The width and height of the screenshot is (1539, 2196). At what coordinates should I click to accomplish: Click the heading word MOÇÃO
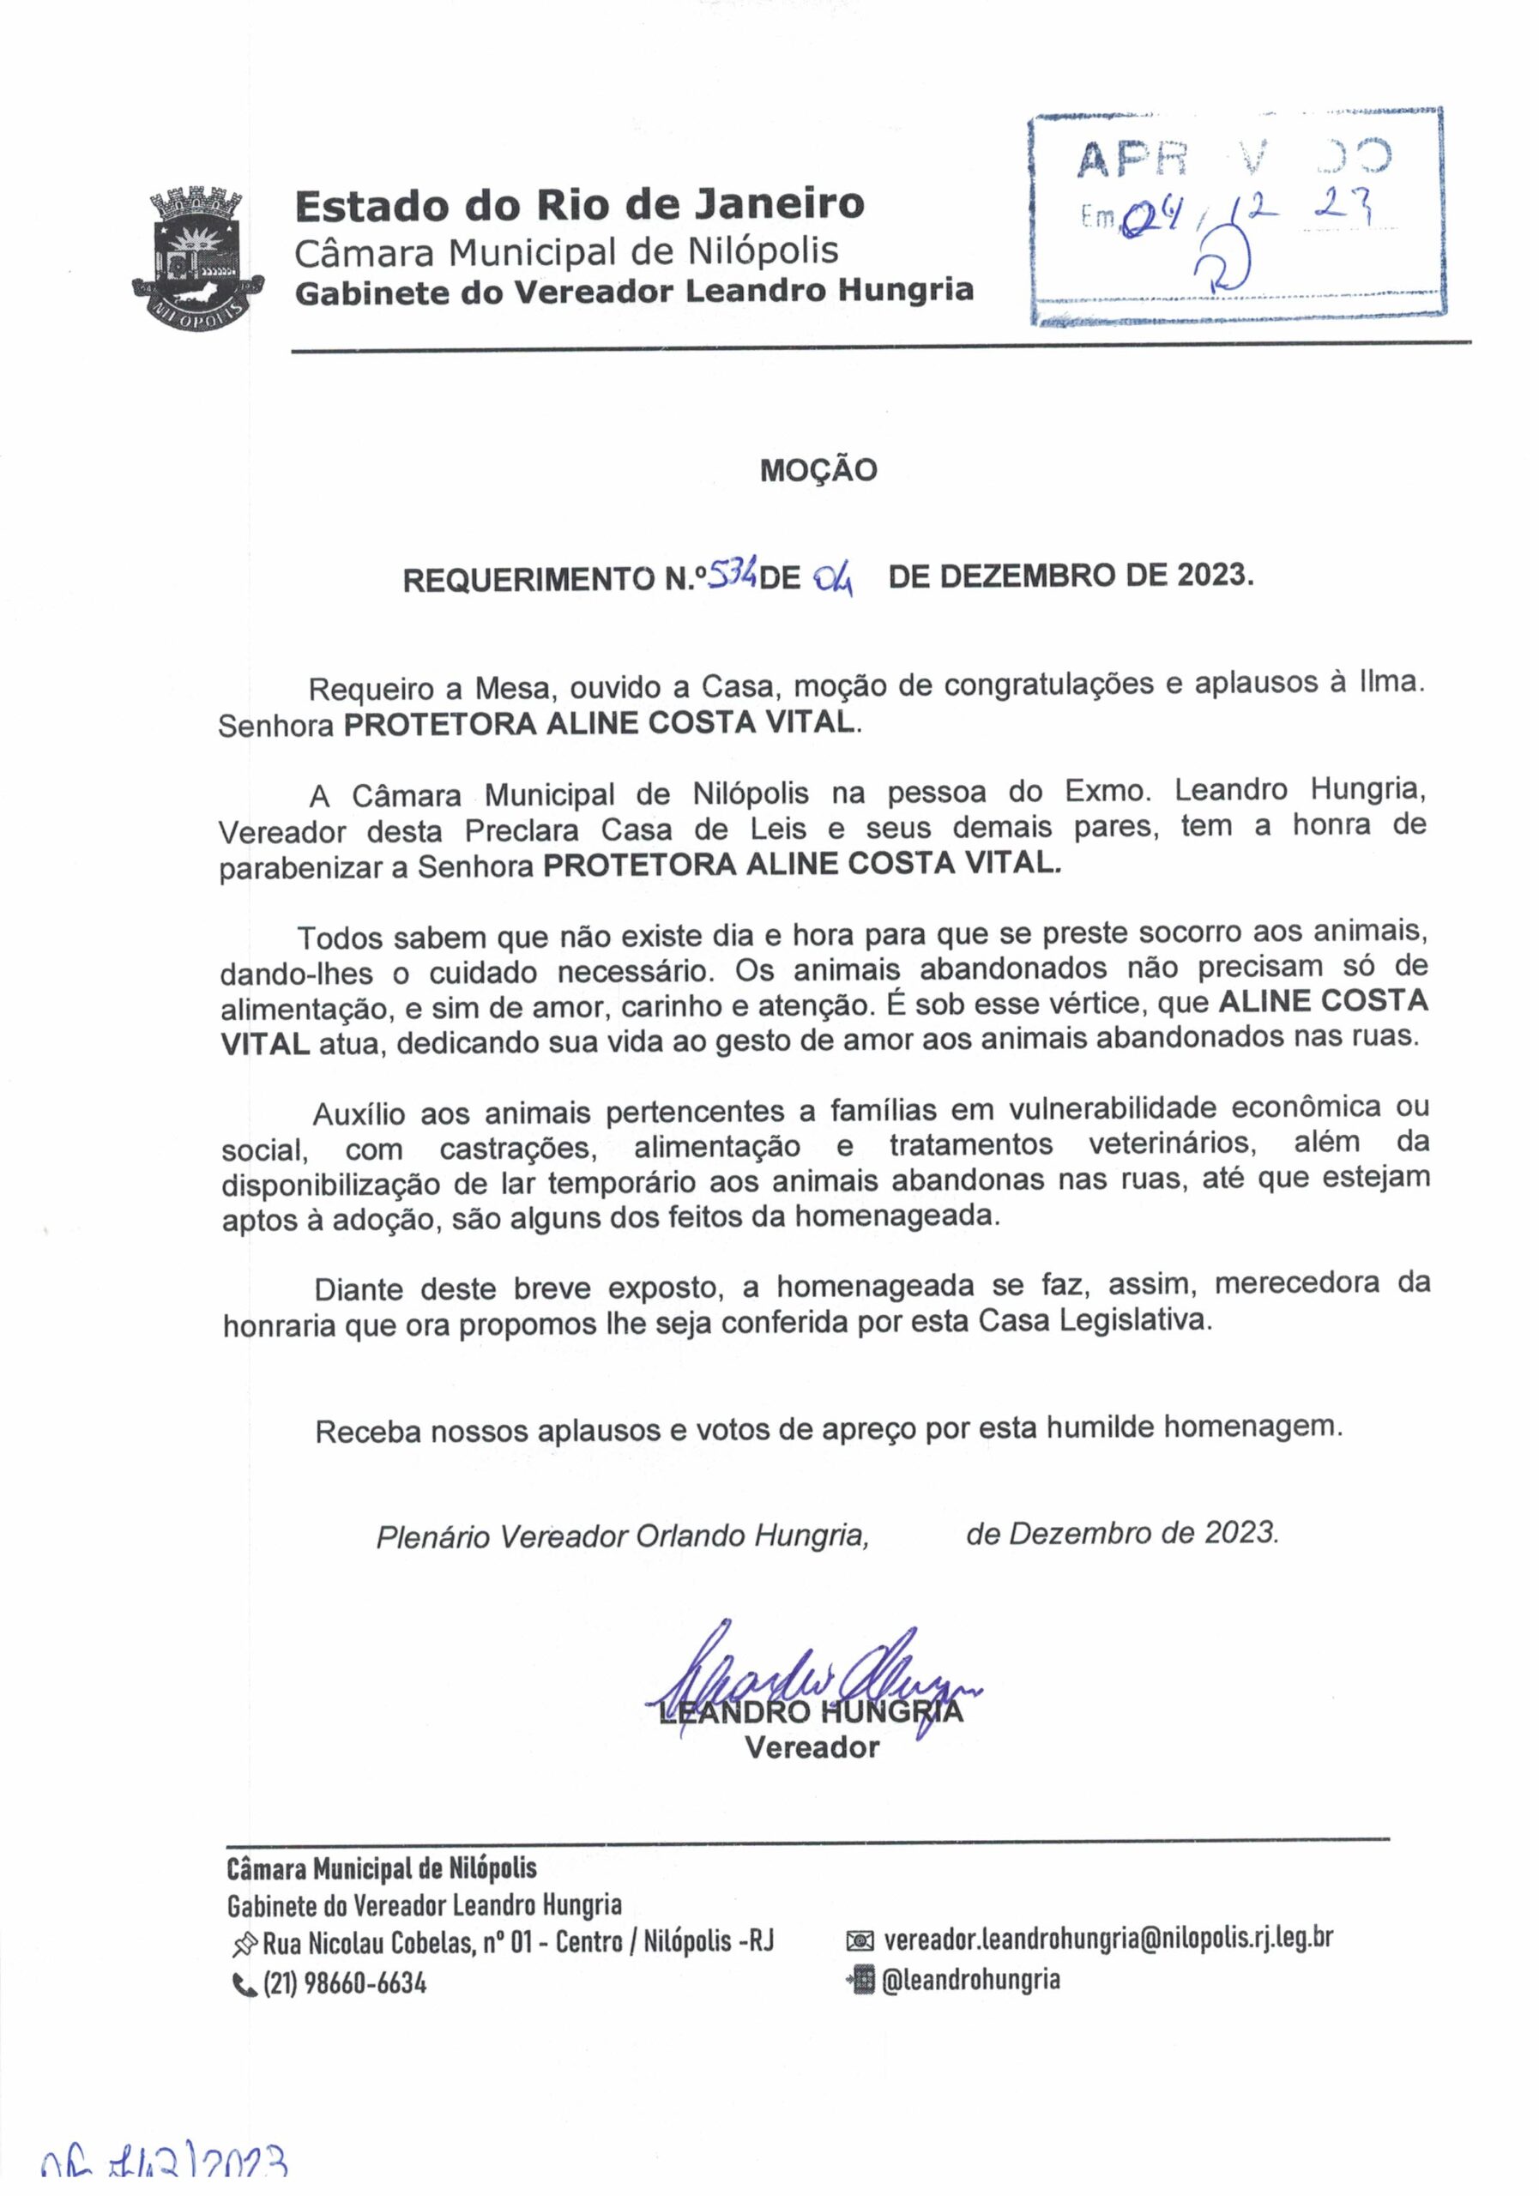818,471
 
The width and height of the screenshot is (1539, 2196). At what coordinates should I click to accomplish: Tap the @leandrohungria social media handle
970,1980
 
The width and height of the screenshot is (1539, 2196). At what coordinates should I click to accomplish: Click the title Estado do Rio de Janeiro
579,203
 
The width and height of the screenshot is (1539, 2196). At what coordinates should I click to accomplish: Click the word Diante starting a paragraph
359,1288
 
